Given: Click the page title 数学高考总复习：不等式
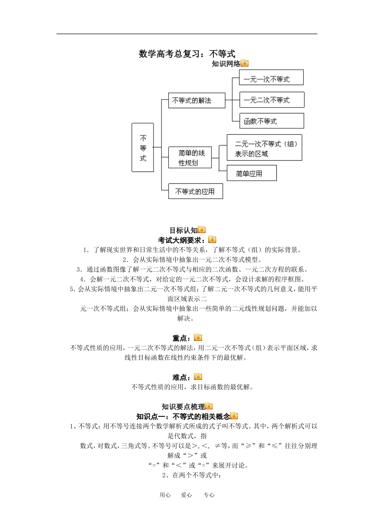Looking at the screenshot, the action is click(x=187, y=54).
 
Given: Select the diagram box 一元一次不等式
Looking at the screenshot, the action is click(x=271, y=78).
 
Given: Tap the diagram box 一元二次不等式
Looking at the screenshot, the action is click(x=272, y=100).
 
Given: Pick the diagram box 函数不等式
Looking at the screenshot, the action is click(x=272, y=121).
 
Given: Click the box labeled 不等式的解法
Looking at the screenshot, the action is click(x=196, y=100).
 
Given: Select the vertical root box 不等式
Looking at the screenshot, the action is click(x=143, y=148).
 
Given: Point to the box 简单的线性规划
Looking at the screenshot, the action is click(x=190, y=157).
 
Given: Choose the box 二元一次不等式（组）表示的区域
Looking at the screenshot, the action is click(x=264, y=148).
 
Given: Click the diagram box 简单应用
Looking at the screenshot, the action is click(x=252, y=173).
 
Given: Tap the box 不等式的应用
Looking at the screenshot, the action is click(x=195, y=191).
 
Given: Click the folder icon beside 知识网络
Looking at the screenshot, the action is click(x=244, y=63).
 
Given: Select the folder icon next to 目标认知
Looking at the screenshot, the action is click(x=202, y=230).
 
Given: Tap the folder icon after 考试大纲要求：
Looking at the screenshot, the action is click(x=212, y=239).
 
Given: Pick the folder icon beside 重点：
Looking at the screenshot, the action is click(x=198, y=338).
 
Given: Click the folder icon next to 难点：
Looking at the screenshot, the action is click(x=198, y=377).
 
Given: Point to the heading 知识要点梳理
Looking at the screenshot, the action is click(x=183, y=407).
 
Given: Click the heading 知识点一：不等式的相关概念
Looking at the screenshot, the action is click(x=183, y=416).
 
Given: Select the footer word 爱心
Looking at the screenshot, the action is click(x=186, y=495).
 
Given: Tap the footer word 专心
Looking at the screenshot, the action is click(x=209, y=495).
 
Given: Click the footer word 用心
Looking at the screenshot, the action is click(x=165, y=495).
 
